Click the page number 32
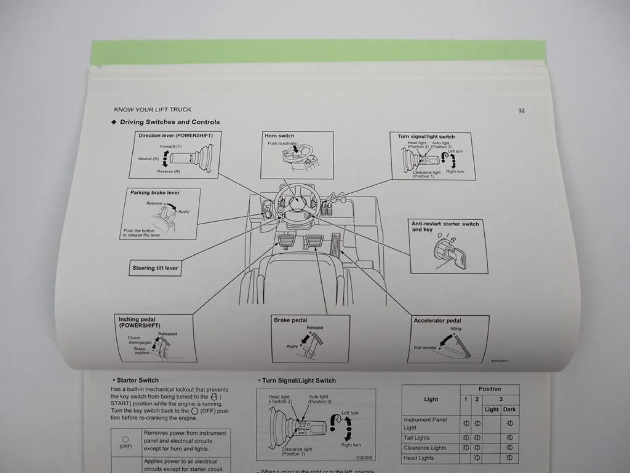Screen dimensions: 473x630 (x=521, y=111)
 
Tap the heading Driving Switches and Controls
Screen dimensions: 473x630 (x=170, y=122)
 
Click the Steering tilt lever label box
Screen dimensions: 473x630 (x=155, y=268)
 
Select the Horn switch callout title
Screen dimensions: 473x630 (x=279, y=136)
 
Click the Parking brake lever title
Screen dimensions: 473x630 (x=155, y=193)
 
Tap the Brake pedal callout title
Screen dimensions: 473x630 (x=290, y=320)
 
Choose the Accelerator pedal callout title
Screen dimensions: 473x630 (x=437, y=320)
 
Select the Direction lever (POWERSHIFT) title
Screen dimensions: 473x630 (x=176, y=136)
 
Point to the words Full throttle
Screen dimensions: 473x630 (x=425, y=348)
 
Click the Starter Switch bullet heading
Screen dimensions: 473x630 (x=137, y=380)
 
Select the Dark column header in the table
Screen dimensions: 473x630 (x=509, y=409)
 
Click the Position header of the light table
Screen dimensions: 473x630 (x=490, y=389)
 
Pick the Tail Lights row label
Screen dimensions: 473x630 (x=416, y=438)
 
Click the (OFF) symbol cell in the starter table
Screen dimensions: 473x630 (x=126, y=442)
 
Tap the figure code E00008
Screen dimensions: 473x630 (x=364, y=457)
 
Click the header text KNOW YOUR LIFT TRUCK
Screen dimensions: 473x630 (x=152, y=110)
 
